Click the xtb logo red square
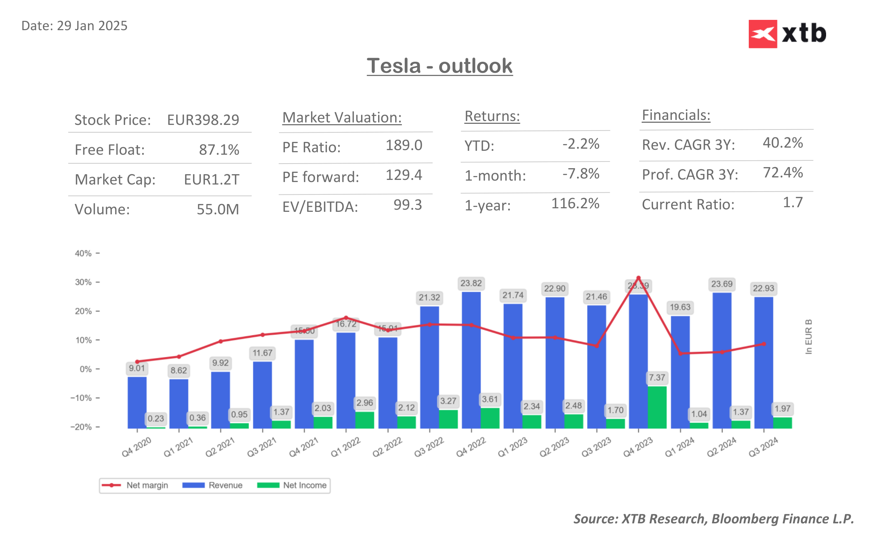(762, 34)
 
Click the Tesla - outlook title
(439, 66)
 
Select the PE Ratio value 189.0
(404, 145)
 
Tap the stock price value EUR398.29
(203, 120)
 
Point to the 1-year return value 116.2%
(575, 204)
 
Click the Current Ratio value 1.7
(792, 203)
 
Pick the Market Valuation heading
(342, 118)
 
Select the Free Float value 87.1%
(219, 150)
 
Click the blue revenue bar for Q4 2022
(471, 360)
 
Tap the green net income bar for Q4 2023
(657, 407)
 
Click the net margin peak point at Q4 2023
(638, 278)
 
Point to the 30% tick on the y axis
(84, 282)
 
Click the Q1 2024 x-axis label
(679, 447)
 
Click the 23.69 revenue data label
(721, 284)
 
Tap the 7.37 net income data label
(657, 378)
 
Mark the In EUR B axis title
(808, 337)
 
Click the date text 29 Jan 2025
(92, 26)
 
